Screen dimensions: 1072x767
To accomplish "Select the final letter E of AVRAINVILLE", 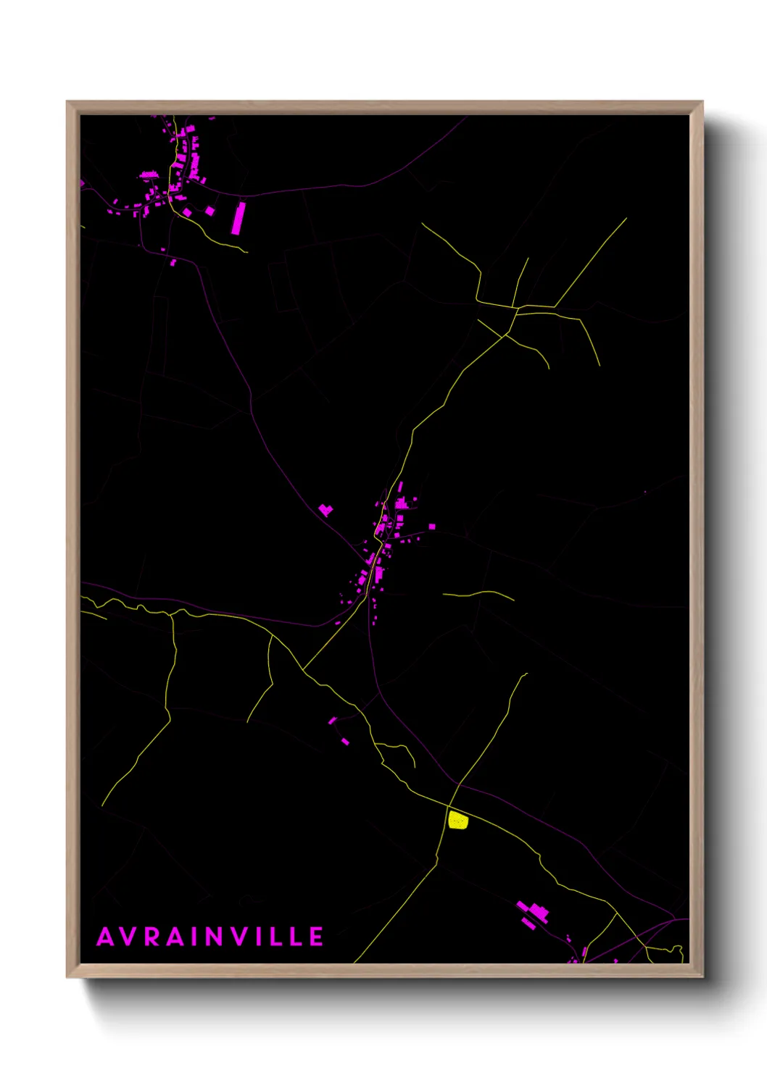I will point(317,937).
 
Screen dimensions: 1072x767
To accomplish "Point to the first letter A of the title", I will point(106,937).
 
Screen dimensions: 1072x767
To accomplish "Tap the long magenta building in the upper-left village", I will point(239,217).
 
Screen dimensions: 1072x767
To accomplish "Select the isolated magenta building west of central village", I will point(326,510).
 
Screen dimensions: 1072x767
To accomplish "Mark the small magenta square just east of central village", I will point(432,527).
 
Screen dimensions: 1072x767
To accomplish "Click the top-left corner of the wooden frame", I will point(67,102).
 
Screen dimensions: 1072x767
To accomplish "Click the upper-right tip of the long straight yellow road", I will point(626,218).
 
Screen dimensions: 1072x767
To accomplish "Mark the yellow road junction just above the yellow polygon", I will point(449,805).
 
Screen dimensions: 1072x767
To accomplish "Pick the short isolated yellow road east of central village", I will point(478,595).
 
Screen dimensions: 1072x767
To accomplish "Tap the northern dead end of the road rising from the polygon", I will point(526,674).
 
